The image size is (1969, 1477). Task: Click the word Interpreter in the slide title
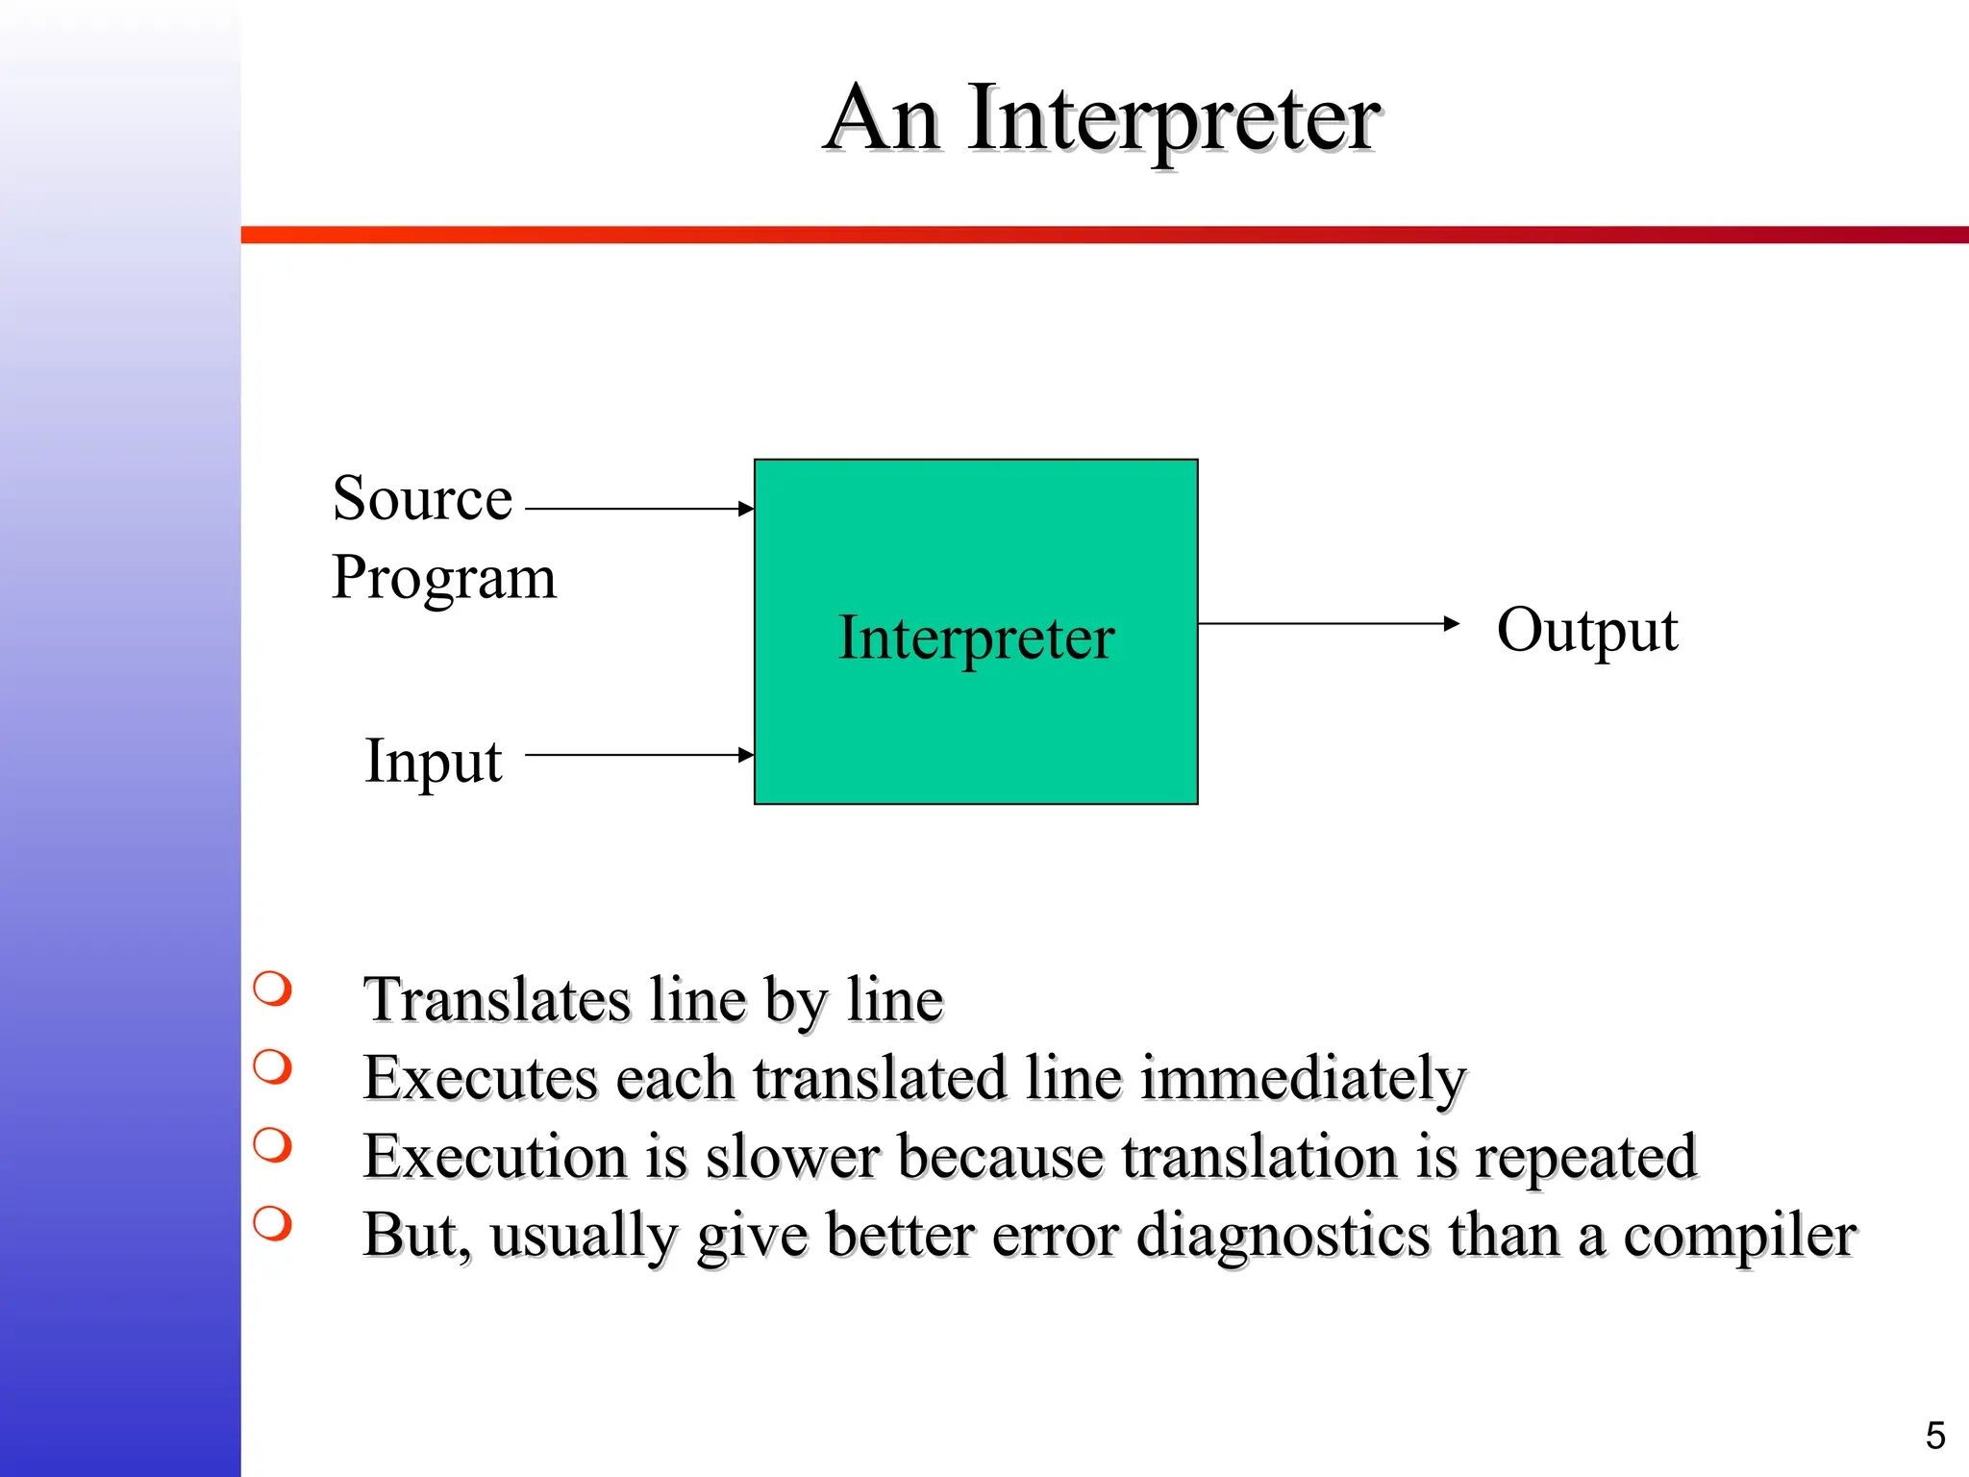1174,119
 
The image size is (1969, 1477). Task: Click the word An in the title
883,119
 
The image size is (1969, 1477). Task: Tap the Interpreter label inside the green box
976,638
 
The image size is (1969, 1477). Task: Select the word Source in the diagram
422,499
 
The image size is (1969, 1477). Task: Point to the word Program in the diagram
443,578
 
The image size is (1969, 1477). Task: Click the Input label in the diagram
433,762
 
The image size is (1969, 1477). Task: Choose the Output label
1586,631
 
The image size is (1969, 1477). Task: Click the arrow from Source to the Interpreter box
639,509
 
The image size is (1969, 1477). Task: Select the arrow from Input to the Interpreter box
639,755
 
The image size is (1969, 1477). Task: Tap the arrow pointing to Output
1328,624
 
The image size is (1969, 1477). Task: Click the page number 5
1935,1436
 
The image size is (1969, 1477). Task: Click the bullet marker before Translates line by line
272,989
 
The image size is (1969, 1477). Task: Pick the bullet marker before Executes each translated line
272,1066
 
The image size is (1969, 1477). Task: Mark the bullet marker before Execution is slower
272,1145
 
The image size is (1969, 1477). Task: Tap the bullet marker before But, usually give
272,1223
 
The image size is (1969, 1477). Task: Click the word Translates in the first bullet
496,1000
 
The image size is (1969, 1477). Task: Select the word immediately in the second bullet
1303,1079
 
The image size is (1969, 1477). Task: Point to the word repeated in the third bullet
1586,1158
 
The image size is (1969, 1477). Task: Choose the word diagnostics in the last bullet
1283,1237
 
